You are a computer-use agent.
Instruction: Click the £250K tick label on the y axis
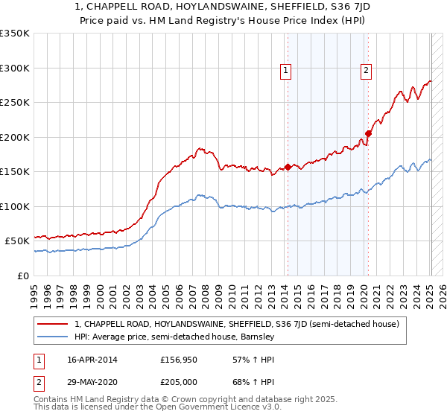pos(15,103)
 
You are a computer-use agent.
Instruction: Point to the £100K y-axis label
pos(15,206)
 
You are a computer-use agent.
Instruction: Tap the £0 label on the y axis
pos(23,276)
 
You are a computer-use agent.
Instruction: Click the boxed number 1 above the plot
pos(287,71)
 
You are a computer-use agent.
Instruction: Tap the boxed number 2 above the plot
pos(367,71)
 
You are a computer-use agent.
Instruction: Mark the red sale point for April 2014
pos(288,167)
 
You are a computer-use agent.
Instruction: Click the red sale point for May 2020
pos(368,134)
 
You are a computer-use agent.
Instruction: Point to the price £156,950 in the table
pos(179,360)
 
